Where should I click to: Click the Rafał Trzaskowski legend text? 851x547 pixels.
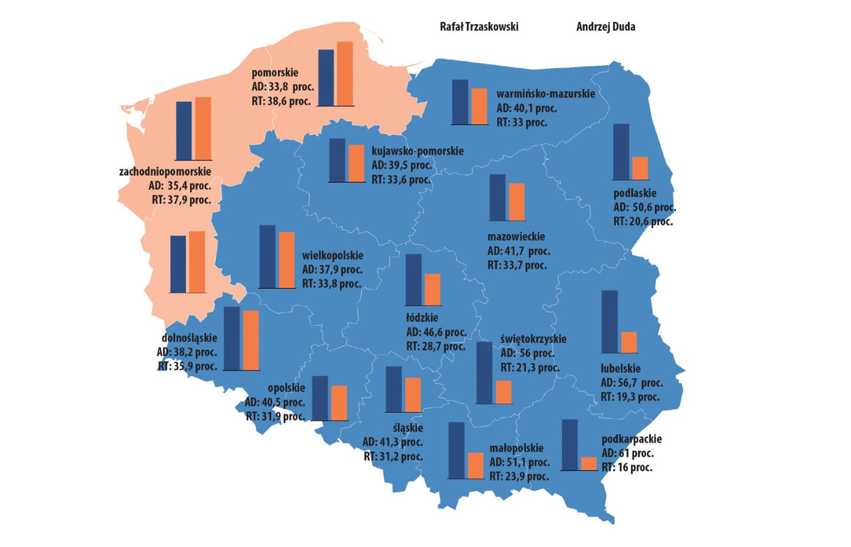click(479, 27)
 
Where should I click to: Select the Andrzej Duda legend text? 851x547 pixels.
click(605, 27)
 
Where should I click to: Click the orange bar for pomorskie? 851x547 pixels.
click(345, 74)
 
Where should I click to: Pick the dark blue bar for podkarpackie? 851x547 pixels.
click(570, 444)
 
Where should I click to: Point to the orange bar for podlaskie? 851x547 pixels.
click(640, 168)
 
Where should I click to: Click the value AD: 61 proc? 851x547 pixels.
click(627, 453)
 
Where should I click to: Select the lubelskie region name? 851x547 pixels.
click(620, 368)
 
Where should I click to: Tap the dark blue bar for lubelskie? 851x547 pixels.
click(609, 322)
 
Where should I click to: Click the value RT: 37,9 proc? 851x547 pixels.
click(181, 199)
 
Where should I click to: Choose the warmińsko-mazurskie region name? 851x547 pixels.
click(545, 94)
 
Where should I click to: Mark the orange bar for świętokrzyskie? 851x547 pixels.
click(503, 392)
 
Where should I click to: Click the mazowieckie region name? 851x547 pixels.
click(516, 236)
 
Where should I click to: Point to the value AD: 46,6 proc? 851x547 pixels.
click(436, 332)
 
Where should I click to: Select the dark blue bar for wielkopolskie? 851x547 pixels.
click(267, 256)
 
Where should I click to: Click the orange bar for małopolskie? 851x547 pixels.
click(475, 466)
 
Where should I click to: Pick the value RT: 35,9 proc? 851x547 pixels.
click(187, 366)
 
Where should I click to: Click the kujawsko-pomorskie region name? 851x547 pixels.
click(417, 151)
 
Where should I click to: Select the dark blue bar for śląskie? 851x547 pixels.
click(394, 393)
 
